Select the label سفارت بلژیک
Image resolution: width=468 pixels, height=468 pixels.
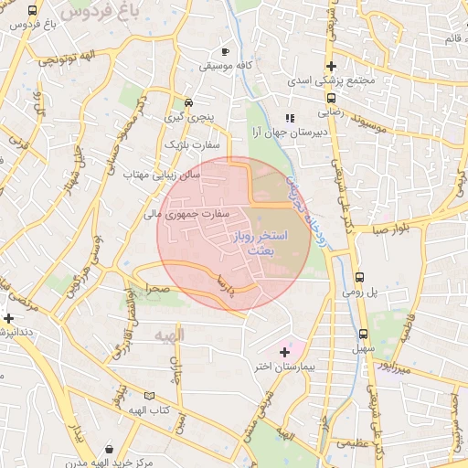coord(188,144)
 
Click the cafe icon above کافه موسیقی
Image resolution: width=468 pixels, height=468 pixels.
coord(225,52)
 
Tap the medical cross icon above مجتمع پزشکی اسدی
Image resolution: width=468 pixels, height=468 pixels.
coord(331,67)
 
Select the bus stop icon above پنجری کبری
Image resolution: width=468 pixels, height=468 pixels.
coord(188,103)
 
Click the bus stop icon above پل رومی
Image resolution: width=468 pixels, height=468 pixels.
coord(359,276)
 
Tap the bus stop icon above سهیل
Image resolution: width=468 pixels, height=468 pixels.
coord(363,334)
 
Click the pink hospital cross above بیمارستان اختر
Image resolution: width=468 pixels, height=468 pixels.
coord(284,351)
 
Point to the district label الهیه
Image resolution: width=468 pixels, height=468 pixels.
coord(169,335)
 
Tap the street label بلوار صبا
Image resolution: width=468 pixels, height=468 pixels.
coord(393,229)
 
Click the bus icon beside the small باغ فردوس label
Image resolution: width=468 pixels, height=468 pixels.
coord(33,12)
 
